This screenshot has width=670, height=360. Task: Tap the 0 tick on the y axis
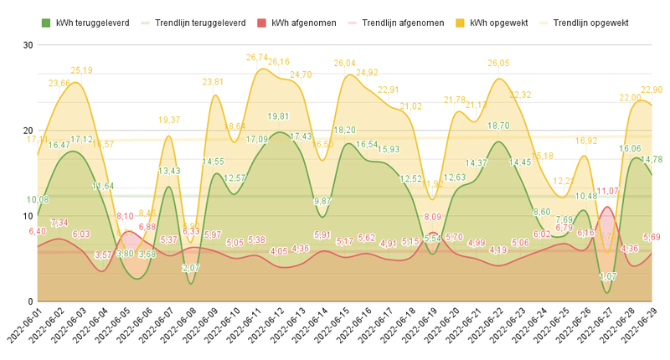(28, 301)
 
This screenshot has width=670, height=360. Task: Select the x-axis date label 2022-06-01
(25, 331)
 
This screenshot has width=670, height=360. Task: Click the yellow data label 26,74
(257, 58)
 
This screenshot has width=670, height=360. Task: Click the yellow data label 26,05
(498, 64)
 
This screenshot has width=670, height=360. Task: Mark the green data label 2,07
(191, 268)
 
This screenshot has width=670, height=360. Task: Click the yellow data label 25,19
(81, 71)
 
